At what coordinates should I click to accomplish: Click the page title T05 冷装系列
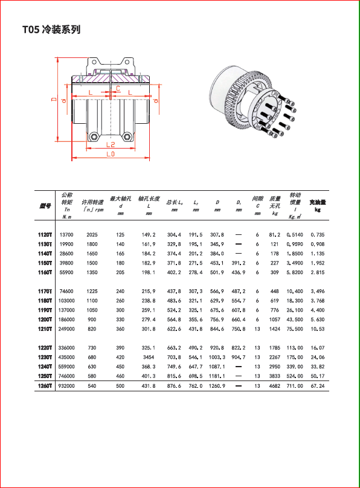pyautogui.click(x=51, y=30)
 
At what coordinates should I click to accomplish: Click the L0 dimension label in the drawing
pyautogui.click(x=111, y=154)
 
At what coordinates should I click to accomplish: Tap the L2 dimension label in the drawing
pyautogui.click(x=111, y=144)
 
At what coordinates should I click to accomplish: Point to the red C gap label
pyautogui.click(x=118, y=88)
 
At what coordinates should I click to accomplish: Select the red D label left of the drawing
pyautogui.click(x=54, y=99)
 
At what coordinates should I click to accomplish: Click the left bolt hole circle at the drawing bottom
pyautogui.click(x=94, y=136)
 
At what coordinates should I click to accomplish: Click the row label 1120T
pyautogui.click(x=45, y=235)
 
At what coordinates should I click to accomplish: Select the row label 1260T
pyautogui.click(x=45, y=386)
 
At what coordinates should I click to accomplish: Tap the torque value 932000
pyautogui.click(x=66, y=386)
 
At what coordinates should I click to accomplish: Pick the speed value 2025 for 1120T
pyautogui.click(x=92, y=235)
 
